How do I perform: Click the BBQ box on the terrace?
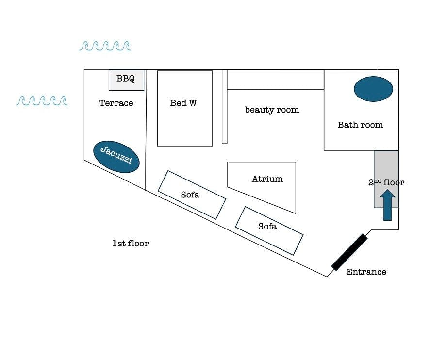[x=126, y=80]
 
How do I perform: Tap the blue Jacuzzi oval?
[x=116, y=157]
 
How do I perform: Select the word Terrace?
[x=116, y=103]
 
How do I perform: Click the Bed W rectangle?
[x=185, y=108]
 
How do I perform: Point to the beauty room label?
[x=272, y=110]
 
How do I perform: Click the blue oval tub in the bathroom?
[x=373, y=89]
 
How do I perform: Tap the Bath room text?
[x=360, y=125]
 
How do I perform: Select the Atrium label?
[x=267, y=179]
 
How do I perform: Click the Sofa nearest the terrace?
[x=192, y=195]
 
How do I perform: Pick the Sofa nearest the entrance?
[x=269, y=230]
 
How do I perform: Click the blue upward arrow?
[x=387, y=205]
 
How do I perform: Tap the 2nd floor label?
[x=386, y=182]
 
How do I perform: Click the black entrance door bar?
[x=349, y=252]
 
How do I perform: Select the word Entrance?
[x=366, y=272]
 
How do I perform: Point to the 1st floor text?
[x=131, y=243]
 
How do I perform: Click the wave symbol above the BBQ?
[x=105, y=46]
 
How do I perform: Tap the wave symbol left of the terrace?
[x=42, y=100]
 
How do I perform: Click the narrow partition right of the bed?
[x=225, y=107]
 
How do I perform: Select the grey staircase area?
[x=386, y=179]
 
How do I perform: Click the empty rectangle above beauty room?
[x=276, y=80]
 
